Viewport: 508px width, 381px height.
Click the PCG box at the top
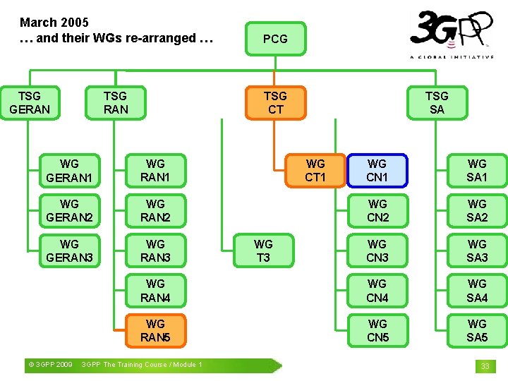[275, 39]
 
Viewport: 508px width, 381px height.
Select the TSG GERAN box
[30, 102]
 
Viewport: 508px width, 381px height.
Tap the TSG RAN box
[116, 102]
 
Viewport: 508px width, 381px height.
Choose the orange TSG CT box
[275, 102]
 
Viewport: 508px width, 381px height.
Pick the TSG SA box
[437, 102]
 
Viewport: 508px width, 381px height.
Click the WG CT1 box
[315, 170]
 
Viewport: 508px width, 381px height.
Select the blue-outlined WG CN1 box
[377, 170]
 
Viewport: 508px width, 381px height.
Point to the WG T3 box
[263, 250]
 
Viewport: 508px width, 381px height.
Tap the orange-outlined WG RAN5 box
[155, 330]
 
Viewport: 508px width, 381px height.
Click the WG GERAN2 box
[69, 210]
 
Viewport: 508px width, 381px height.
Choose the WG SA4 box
[477, 291]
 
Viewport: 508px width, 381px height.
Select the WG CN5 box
[377, 330]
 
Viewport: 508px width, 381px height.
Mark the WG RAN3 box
[155, 250]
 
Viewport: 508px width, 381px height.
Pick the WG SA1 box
[477, 170]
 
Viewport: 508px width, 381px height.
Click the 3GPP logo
[452, 34]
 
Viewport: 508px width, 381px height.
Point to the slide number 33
[485, 365]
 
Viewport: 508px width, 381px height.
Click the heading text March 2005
[54, 23]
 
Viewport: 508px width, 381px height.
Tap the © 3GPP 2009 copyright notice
[49, 365]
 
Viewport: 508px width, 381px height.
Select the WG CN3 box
[377, 250]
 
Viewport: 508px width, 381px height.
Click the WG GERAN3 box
[69, 250]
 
